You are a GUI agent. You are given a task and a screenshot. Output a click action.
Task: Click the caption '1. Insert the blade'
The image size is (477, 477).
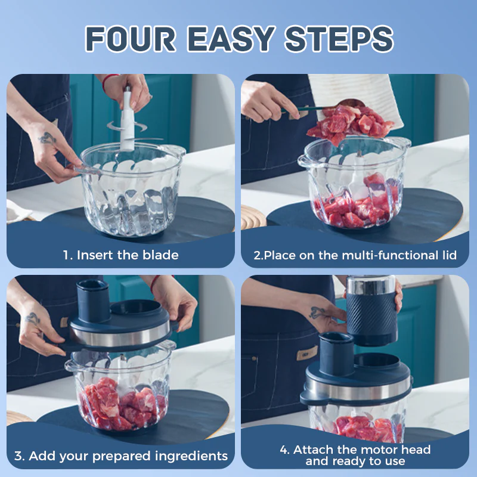point(120,255)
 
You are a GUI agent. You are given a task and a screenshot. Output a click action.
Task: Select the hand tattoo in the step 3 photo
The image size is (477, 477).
point(33,319)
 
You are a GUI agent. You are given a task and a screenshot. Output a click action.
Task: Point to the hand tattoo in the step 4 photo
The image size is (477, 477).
point(317,312)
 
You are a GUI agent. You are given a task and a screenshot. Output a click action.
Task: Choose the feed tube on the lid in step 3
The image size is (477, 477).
point(92,301)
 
